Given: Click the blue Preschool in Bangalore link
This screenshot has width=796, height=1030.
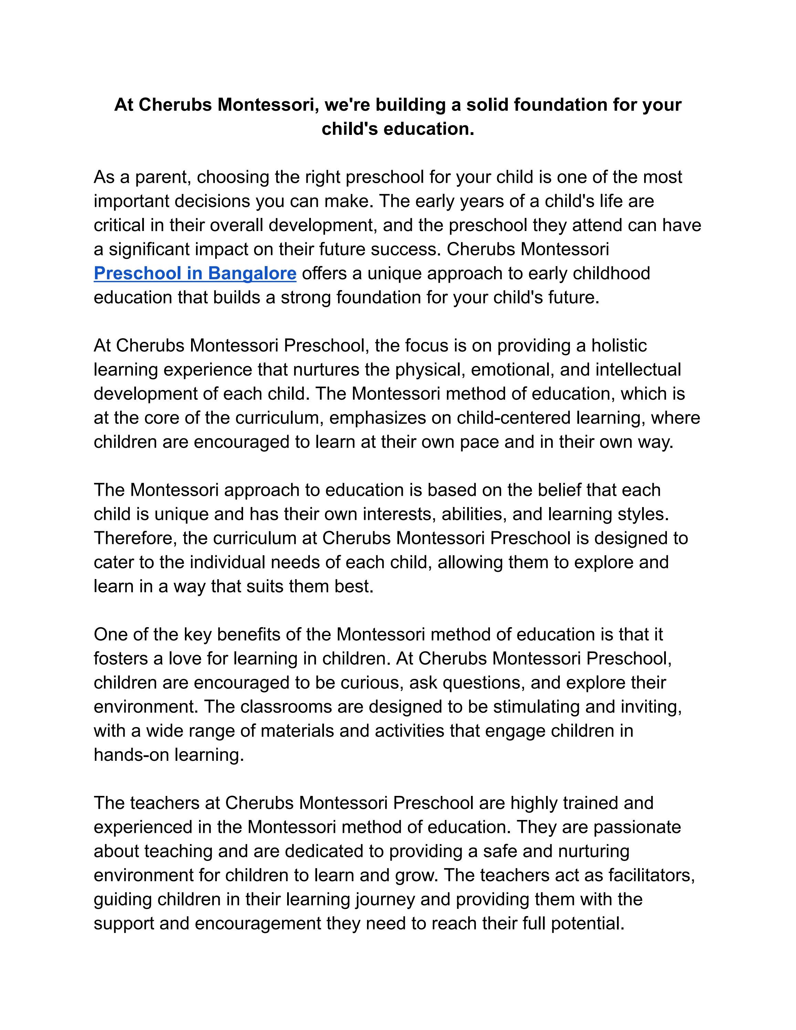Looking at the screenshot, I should [x=195, y=274].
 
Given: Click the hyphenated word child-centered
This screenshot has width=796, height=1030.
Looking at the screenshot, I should [x=514, y=418].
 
